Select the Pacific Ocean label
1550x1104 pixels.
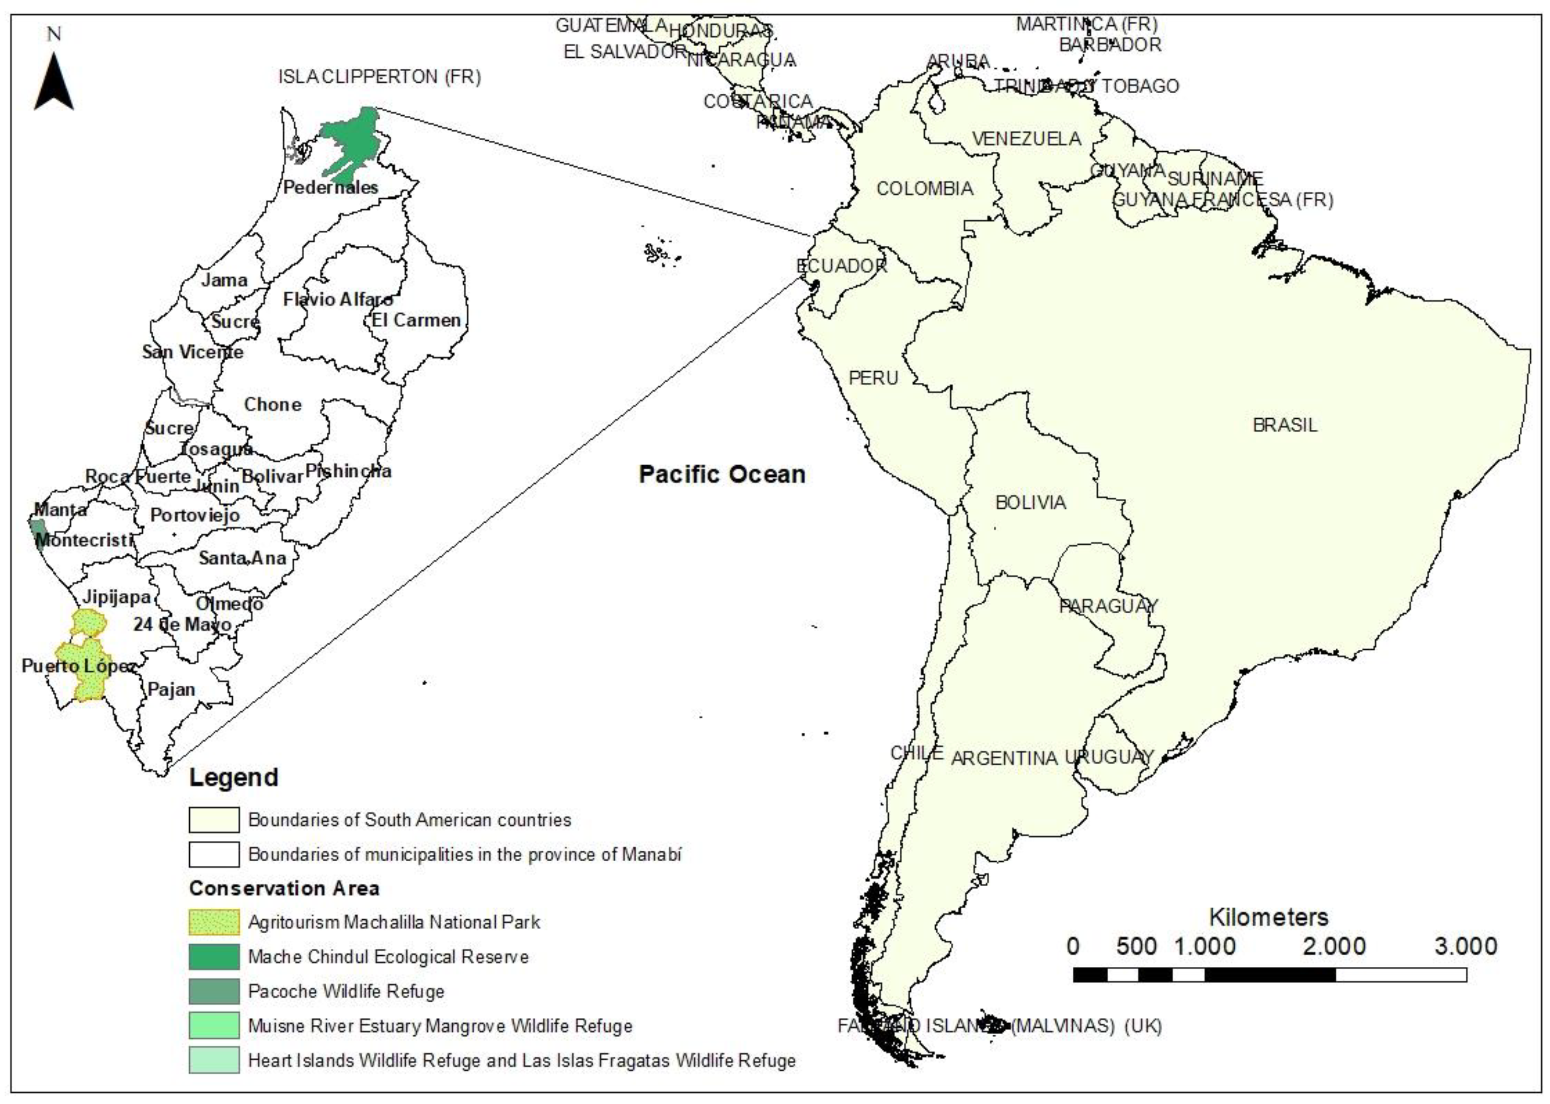pos(722,474)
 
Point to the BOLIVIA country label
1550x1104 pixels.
pos(1031,503)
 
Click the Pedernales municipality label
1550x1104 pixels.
pos(330,187)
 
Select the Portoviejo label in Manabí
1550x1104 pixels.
pos(195,515)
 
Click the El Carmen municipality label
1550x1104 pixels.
pos(416,320)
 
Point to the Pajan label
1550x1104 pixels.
pos(172,689)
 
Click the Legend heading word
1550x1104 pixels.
pos(233,777)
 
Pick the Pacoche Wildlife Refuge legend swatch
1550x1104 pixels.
pos(214,991)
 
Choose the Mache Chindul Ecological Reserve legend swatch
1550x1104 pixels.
pos(214,956)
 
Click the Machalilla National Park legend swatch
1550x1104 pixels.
pos(214,922)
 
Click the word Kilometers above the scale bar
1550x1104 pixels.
pos(1268,917)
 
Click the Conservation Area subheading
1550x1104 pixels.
pos(284,888)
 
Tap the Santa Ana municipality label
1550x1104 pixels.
pos(242,558)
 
